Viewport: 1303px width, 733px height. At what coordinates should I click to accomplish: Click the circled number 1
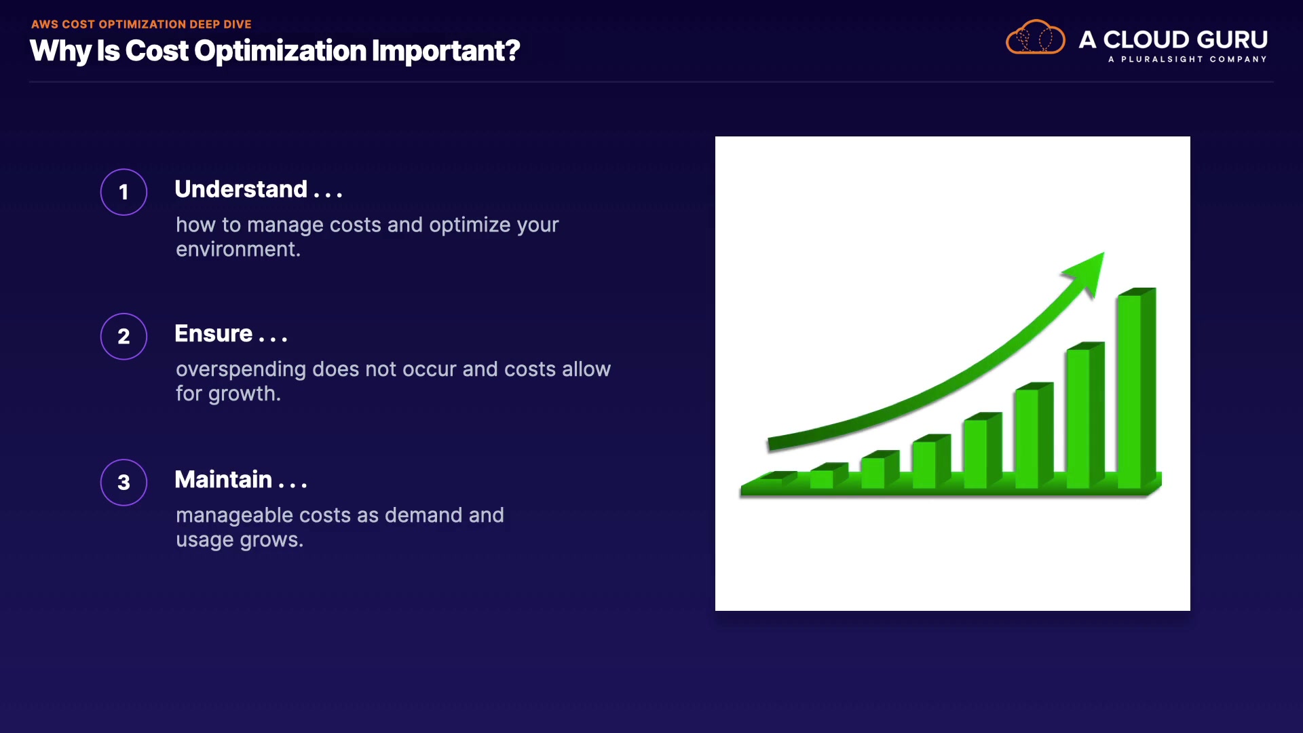click(124, 192)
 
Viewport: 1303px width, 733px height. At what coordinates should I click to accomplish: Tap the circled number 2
click(124, 337)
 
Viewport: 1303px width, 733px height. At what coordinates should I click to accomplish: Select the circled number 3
click(124, 483)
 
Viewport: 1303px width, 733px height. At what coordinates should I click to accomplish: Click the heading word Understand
click(241, 189)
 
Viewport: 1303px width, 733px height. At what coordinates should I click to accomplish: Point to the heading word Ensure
click(214, 333)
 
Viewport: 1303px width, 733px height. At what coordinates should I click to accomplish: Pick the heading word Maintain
click(223, 479)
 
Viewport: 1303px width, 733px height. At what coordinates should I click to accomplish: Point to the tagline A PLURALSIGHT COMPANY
click(1188, 59)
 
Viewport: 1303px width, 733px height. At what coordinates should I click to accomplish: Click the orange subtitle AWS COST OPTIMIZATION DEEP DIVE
click(141, 24)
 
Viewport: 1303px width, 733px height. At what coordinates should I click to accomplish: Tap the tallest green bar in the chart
click(1137, 388)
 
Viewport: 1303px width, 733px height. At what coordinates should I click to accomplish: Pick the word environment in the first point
click(235, 249)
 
